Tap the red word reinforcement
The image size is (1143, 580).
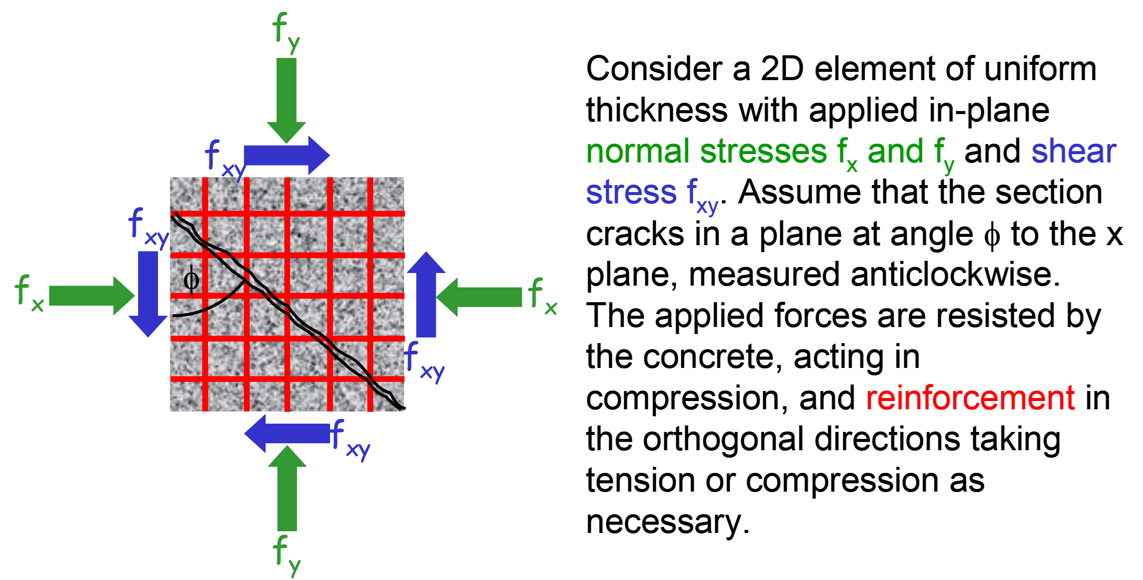(x=971, y=398)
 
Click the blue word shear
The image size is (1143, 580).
(x=1073, y=152)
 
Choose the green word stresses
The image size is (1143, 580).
(x=763, y=152)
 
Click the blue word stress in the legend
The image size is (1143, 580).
(x=631, y=192)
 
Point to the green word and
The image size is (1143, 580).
(x=895, y=152)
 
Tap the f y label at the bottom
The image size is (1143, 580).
(x=287, y=555)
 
